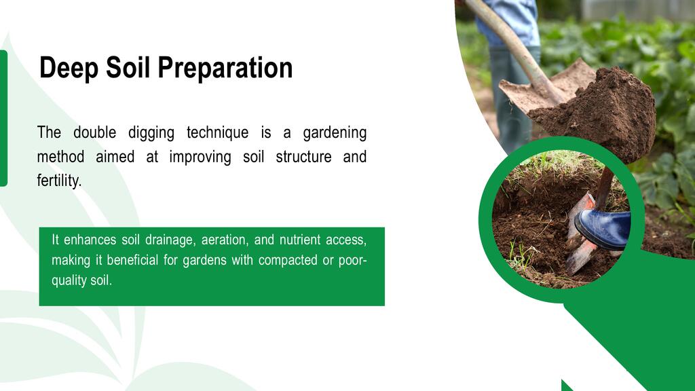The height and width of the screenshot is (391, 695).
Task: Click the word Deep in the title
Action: point(69,69)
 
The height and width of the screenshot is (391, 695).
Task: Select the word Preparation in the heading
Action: point(225,69)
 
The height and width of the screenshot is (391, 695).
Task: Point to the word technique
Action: point(218,133)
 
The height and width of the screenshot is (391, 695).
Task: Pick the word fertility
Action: point(60,181)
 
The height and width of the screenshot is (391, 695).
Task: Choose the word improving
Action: point(200,157)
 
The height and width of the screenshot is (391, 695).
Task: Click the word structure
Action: point(303,157)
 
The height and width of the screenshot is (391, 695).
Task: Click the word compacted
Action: point(288,260)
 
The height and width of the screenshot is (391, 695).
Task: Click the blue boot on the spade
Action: point(603,228)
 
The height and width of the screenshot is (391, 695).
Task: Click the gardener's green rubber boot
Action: point(512,98)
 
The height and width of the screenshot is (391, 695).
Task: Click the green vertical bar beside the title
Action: point(3,118)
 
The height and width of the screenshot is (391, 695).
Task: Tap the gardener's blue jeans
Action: point(509,20)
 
